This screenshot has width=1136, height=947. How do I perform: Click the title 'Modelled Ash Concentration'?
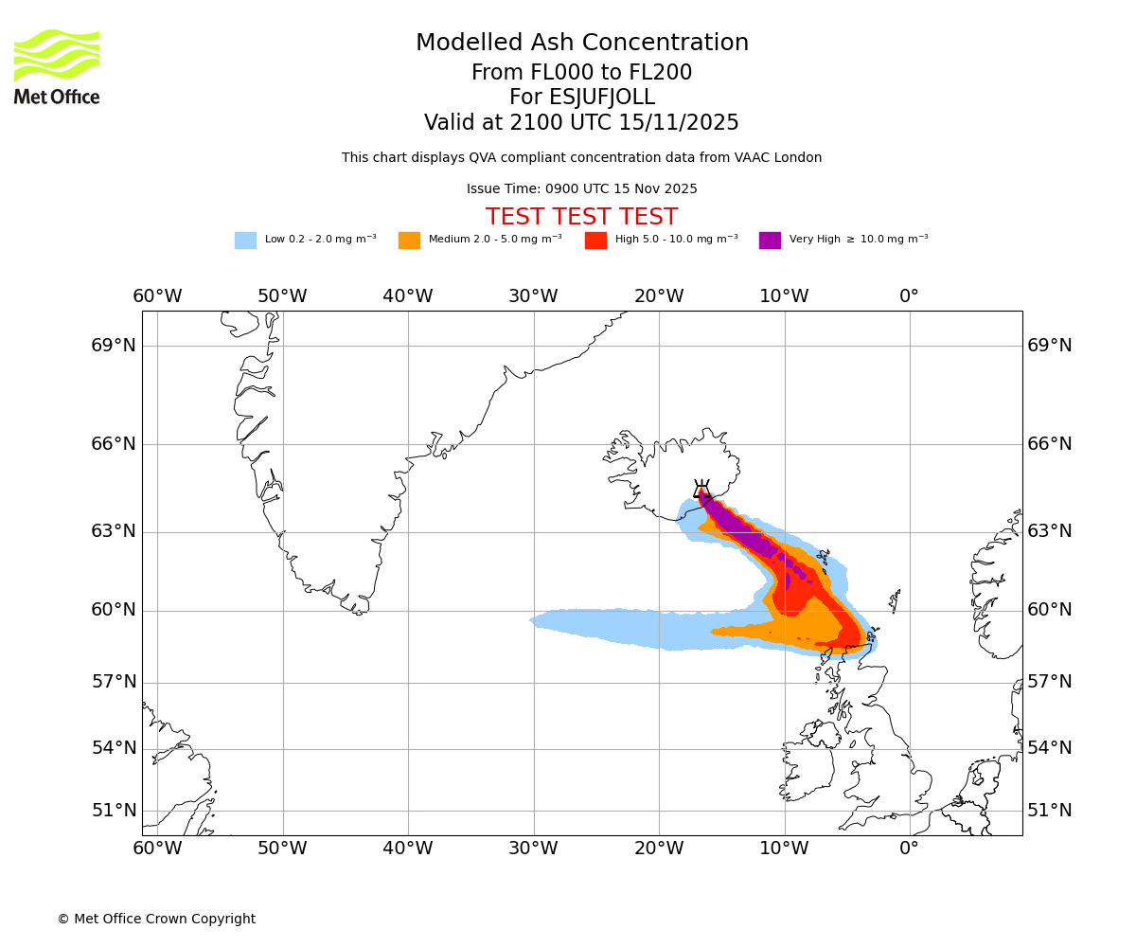click(581, 43)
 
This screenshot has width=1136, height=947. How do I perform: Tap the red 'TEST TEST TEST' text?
click(581, 217)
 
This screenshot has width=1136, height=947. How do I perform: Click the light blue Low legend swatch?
click(245, 241)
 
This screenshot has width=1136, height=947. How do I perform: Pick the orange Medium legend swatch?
click(409, 241)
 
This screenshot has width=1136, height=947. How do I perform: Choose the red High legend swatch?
click(595, 241)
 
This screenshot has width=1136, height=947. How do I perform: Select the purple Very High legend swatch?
click(770, 241)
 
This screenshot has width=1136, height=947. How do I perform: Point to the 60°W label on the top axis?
click(157, 296)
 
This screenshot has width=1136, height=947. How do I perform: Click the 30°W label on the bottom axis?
click(533, 848)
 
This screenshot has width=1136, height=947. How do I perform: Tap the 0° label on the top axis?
click(909, 296)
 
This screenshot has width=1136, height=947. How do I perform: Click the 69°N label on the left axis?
click(114, 346)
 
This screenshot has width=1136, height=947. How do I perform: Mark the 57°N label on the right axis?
click(1050, 682)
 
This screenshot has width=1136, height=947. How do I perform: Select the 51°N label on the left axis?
click(114, 811)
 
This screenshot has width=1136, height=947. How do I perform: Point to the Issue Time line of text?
click(581, 189)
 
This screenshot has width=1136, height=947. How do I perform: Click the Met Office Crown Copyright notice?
click(156, 919)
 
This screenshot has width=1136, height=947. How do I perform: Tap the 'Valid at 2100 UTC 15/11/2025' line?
click(581, 123)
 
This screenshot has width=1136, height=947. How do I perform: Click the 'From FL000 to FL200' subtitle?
click(581, 73)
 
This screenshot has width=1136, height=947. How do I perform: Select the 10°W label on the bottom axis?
click(784, 848)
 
